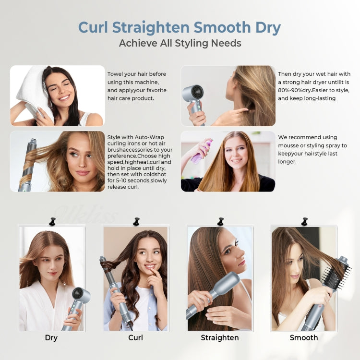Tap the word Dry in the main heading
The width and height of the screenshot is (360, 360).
pyautogui.click(x=264, y=27)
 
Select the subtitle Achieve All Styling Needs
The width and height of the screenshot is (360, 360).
pyautogui.click(x=180, y=43)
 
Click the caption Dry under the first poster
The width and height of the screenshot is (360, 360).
pyautogui.click(x=51, y=337)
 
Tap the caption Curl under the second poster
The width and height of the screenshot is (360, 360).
pyautogui.click(x=136, y=337)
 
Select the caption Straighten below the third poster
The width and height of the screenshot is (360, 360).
pyautogui.click(x=220, y=337)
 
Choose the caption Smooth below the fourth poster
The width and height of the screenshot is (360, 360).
pyautogui.click(x=304, y=337)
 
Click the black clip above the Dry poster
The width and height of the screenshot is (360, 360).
pyautogui.click(x=52, y=221)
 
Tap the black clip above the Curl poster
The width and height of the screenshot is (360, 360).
pyautogui.click(x=136, y=221)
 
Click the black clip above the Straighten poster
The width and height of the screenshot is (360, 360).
pyautogui.click(x=220, y=221)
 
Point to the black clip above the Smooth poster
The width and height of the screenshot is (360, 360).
pyautogui.click(x=304, y=221)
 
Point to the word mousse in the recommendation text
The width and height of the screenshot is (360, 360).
pyautogui.click(x=290, y=145)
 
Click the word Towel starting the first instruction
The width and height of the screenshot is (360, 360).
pyautogui.click(x=116, y=74)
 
